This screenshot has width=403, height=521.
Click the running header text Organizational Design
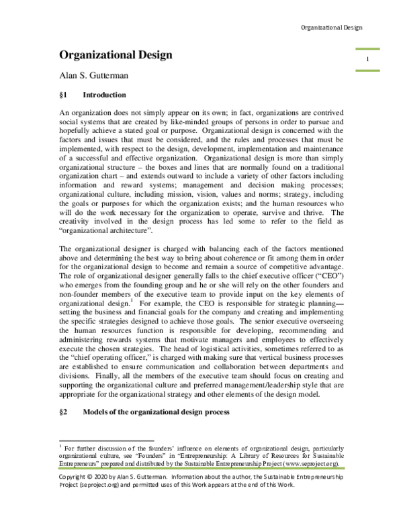click(331, 28)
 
